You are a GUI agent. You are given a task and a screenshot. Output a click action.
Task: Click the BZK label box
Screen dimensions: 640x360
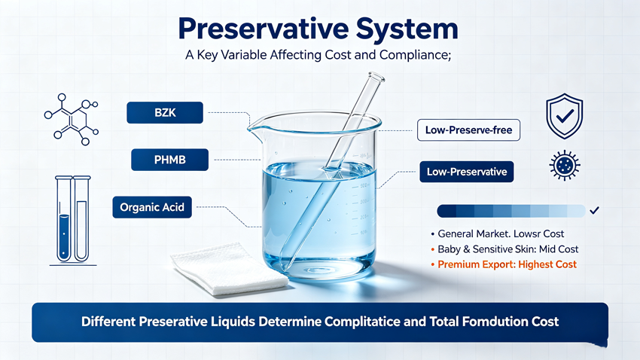tap(165, 113)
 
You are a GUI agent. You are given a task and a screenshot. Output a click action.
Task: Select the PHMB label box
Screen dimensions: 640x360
tap(170, 160)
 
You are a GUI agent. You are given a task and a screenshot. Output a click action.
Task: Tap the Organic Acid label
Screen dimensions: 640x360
tap(152, 207)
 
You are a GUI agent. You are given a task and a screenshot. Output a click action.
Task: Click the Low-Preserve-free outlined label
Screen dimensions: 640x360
tap(468, 130)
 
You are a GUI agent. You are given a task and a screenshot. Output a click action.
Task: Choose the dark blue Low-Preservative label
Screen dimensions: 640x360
tap(467, 172)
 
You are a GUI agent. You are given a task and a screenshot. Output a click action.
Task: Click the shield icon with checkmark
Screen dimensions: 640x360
tap(565, 116)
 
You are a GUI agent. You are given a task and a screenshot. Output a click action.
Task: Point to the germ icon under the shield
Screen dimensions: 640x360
tap(565, 165)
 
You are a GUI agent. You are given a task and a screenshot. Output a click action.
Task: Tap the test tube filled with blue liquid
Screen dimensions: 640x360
tap(64, 218)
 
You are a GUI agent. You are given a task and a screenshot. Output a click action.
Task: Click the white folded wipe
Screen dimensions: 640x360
tap(229, 269)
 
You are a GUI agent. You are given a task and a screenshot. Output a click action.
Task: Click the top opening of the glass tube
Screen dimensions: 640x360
tap(376, 76)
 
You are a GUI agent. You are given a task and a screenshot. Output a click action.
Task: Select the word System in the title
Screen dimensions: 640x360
tap(407, 29)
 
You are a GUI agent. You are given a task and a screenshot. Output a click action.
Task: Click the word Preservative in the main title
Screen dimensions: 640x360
tap(264, 29)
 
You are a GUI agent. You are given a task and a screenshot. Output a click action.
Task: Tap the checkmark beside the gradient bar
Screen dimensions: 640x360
tap(594, 210)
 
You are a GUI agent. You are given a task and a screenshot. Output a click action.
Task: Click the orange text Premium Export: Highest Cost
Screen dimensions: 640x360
tap(507, 264)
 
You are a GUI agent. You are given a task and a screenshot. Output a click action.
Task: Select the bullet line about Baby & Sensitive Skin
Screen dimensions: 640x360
tap(504, 249)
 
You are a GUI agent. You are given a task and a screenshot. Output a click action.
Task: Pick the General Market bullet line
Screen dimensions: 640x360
tap(497, 234)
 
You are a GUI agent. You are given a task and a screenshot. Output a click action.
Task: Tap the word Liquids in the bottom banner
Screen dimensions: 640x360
tap(233, 322)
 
